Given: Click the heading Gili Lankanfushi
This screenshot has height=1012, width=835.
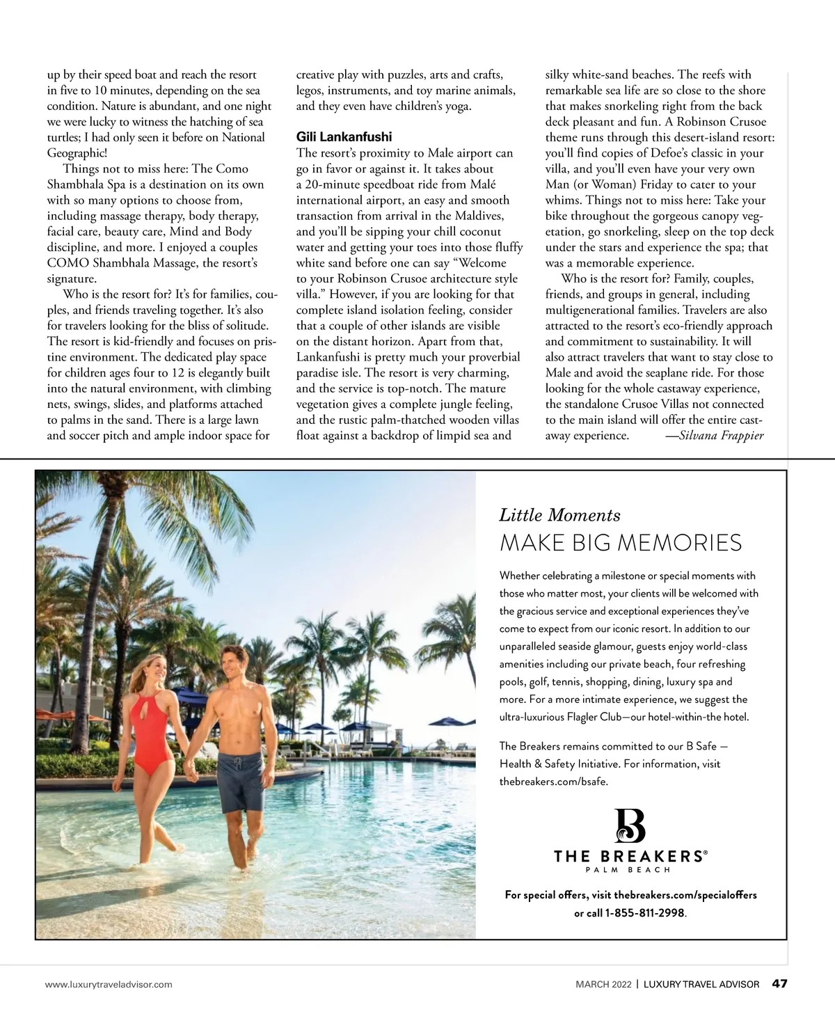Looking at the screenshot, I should pos(344,137).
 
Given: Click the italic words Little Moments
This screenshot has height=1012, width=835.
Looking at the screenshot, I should pos(559,515).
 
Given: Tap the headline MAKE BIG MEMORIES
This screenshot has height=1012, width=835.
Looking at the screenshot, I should pos(621,543).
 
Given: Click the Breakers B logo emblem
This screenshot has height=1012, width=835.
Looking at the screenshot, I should pos(630,825).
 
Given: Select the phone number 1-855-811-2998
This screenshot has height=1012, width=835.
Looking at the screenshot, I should pos(644,912).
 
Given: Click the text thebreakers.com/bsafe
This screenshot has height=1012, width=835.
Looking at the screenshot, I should pos(553,782).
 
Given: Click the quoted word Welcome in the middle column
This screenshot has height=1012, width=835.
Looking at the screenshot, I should pos(479,263).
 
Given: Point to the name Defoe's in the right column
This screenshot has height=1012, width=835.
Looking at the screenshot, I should pos(649,153).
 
